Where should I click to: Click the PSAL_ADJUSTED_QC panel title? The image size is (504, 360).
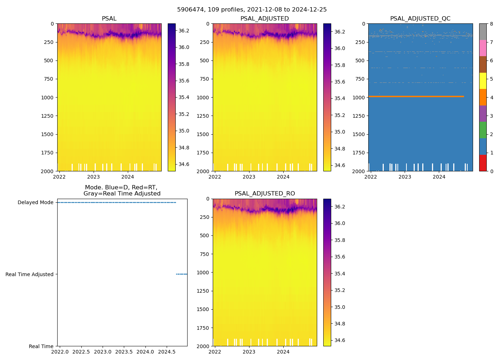(420, 19)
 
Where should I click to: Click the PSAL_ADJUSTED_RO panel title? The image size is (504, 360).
(265, 194)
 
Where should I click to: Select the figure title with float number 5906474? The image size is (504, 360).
(252, 10)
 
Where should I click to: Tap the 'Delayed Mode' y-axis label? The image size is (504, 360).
(35, 202)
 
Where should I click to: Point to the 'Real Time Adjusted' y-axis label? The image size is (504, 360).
(30, 274)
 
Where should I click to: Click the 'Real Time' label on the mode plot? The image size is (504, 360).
(41, 346)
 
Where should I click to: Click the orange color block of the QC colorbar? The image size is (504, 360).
(483, 97)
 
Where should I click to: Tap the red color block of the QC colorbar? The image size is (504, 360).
(483, 163)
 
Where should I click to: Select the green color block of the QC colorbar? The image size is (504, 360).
(483, 130)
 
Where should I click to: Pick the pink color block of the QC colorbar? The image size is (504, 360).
(483, 48)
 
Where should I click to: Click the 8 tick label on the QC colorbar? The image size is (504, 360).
(491, 24)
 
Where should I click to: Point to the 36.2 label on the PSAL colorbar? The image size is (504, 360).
(184, 31)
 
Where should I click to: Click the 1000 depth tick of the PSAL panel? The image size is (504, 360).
(48, 98)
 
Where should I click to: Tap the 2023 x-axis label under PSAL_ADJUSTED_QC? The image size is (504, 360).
(405, 177)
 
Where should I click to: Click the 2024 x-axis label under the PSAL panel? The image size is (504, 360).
(127, 177)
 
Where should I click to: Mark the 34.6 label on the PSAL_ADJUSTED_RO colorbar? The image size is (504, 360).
(340, 340)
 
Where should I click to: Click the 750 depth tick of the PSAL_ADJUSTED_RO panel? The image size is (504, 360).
(204, 254)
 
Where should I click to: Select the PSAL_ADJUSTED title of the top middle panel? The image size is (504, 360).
(265, 19)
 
